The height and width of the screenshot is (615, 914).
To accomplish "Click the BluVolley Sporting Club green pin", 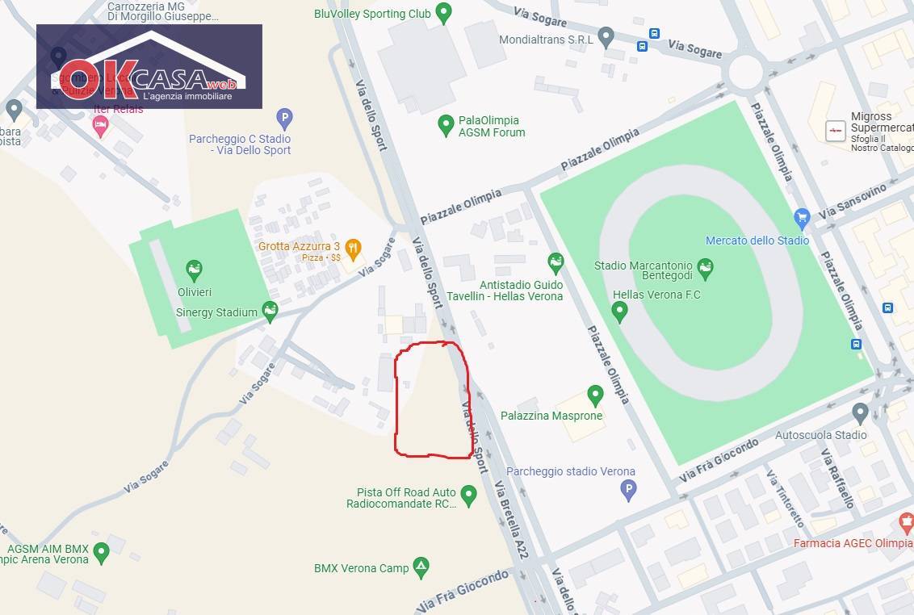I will point(442,13).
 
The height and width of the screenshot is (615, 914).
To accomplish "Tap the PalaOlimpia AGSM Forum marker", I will point(446,125).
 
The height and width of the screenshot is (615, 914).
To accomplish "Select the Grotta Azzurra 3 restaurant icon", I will point(353,247).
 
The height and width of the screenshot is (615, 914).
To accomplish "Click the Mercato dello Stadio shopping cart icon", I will point(802,217).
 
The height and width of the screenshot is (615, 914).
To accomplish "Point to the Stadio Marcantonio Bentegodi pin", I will point(705,268).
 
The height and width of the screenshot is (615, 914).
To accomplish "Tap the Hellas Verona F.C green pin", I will point(619,311).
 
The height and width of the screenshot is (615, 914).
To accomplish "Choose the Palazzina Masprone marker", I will point(595,395).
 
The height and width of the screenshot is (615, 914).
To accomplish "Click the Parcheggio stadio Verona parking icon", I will point(628,489).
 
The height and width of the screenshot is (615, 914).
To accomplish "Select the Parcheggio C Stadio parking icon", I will point(284,119).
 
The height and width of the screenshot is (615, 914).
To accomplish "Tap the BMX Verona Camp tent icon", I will point(421,567).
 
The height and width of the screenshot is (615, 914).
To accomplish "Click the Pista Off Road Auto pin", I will point(469,494).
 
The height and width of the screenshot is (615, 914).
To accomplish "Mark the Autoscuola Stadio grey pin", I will point(860,413).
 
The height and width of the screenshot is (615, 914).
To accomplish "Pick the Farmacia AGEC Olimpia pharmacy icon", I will point(906,523).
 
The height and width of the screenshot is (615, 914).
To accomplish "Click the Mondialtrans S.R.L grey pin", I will point(606,37).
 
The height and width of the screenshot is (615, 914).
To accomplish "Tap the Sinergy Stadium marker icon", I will point(270,311).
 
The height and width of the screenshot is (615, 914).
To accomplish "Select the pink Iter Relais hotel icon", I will point(100,126).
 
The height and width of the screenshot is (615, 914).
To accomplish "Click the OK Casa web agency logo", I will point(149,66).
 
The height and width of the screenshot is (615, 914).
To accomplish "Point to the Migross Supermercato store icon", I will point(836,130).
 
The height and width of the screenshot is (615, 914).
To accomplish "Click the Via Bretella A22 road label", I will point(511,520).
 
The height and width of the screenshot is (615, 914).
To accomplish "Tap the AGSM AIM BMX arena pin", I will point(101,553).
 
